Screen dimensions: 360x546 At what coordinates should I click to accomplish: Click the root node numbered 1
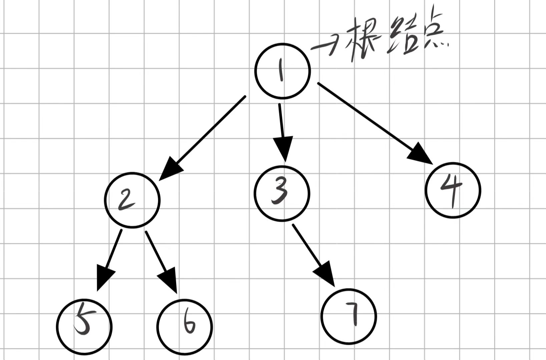pos(283,71)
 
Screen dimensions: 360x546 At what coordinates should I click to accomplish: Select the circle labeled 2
pos(132,200)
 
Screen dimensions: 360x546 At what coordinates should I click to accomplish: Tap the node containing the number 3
pos(282,193)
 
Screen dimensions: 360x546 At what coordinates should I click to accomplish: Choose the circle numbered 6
pos(184,326)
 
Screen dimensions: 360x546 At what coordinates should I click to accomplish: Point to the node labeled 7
pos(349,316)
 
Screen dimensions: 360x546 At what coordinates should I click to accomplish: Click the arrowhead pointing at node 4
pos(421,154)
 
